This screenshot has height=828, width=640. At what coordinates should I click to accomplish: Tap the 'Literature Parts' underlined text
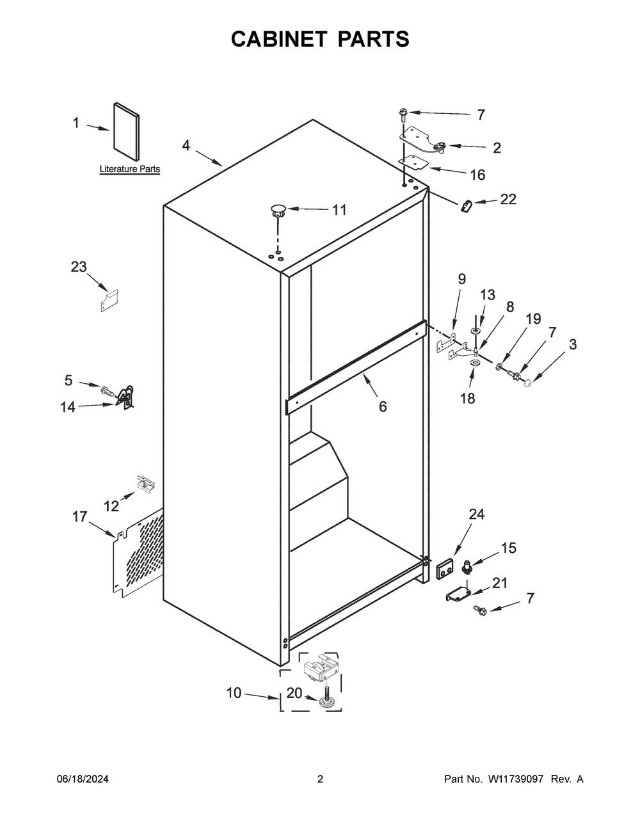130,170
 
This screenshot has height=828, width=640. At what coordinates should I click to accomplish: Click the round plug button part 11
278,208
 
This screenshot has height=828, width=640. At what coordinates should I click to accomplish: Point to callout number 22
508,199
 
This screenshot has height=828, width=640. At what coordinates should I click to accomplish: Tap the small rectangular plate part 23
109,300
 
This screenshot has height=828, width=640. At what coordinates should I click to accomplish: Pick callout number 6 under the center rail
383,406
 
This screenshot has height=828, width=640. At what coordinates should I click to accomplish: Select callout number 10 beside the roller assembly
234,692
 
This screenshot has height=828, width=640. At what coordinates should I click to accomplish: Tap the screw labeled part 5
107,389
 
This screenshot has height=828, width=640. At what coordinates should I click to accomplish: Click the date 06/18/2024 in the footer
83,779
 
